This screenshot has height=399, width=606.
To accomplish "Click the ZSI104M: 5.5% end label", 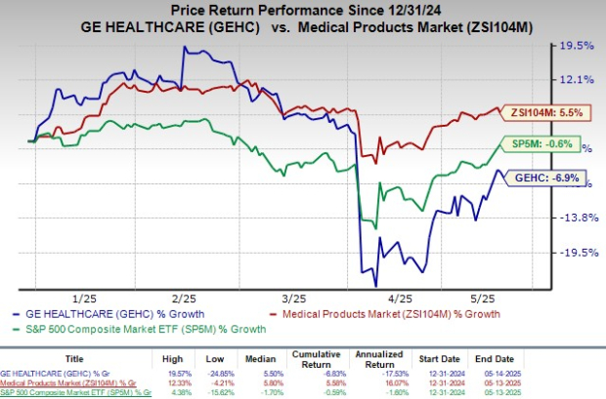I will (548, 113).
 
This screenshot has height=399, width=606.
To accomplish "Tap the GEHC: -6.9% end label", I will (548, 179).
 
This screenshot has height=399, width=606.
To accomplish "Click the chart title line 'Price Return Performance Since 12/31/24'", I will (302, 10).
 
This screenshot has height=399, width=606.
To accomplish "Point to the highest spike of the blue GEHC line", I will (184, 46).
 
